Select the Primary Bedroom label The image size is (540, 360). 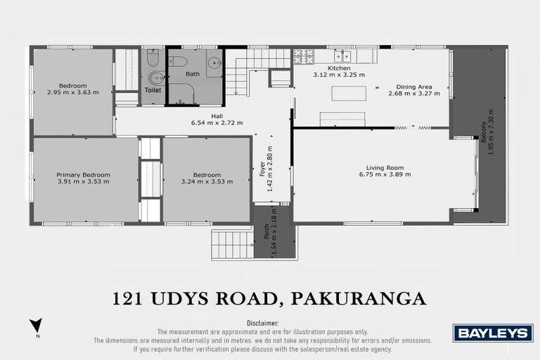(x=78, y=175)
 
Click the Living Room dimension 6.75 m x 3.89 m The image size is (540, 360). (x=384, y=174)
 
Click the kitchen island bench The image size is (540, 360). (x=349, y=94)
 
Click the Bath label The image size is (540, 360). (x=193, y=74)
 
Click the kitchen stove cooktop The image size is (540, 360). (x=302, y=54)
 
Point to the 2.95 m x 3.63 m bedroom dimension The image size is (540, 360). (x=73, y=92)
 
